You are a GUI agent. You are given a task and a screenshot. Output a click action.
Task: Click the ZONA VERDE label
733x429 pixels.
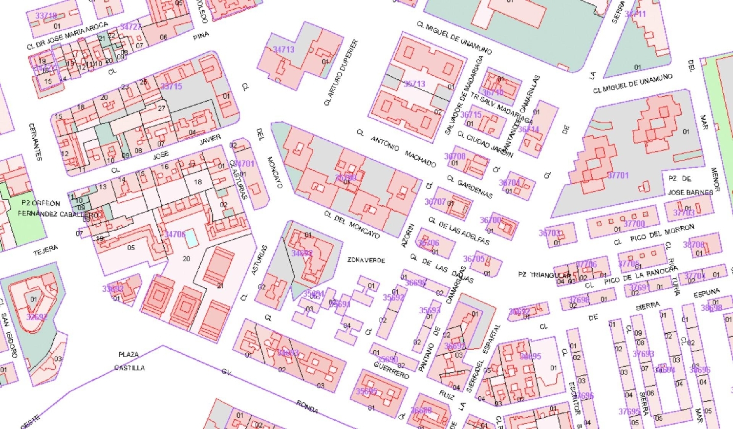coord(366,260)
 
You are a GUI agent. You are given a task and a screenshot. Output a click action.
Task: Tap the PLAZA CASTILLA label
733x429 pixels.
coord(129,361)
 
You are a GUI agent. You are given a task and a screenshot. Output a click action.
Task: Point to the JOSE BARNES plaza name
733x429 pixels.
coord(690,193)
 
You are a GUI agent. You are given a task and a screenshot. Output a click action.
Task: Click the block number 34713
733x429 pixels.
coord(283,49)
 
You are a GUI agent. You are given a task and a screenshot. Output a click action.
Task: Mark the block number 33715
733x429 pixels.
coord(171,86)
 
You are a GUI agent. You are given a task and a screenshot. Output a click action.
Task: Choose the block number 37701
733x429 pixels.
coord(618,175)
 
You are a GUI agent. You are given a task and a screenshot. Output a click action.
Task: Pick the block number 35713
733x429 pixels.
coord(414,84)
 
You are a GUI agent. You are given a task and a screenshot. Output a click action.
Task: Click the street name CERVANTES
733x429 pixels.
coord(35,142)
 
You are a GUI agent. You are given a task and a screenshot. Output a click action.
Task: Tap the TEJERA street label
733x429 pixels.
coord(45,250)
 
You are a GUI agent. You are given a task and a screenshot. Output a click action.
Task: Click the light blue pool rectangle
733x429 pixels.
coord(192,238)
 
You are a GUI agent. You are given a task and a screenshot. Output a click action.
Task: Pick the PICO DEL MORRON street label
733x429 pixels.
coord(662,234)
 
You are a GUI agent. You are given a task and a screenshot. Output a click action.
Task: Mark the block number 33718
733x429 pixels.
coord(46,16)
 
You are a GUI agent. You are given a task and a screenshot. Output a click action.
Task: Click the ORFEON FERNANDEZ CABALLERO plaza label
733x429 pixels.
coord(54,209)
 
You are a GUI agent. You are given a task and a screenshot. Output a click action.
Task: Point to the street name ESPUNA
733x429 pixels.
coord(707,294)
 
